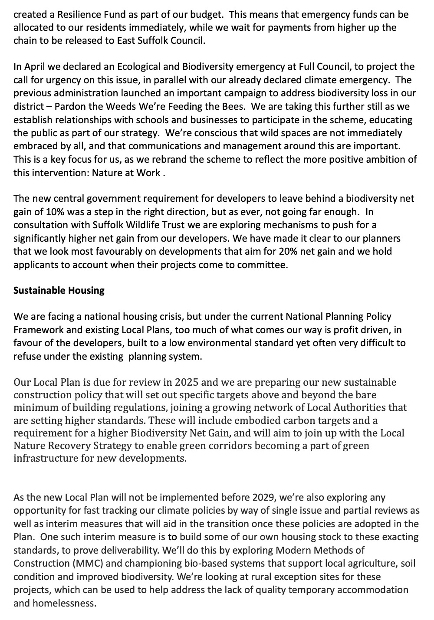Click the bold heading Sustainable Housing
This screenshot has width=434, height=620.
[59, 290]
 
